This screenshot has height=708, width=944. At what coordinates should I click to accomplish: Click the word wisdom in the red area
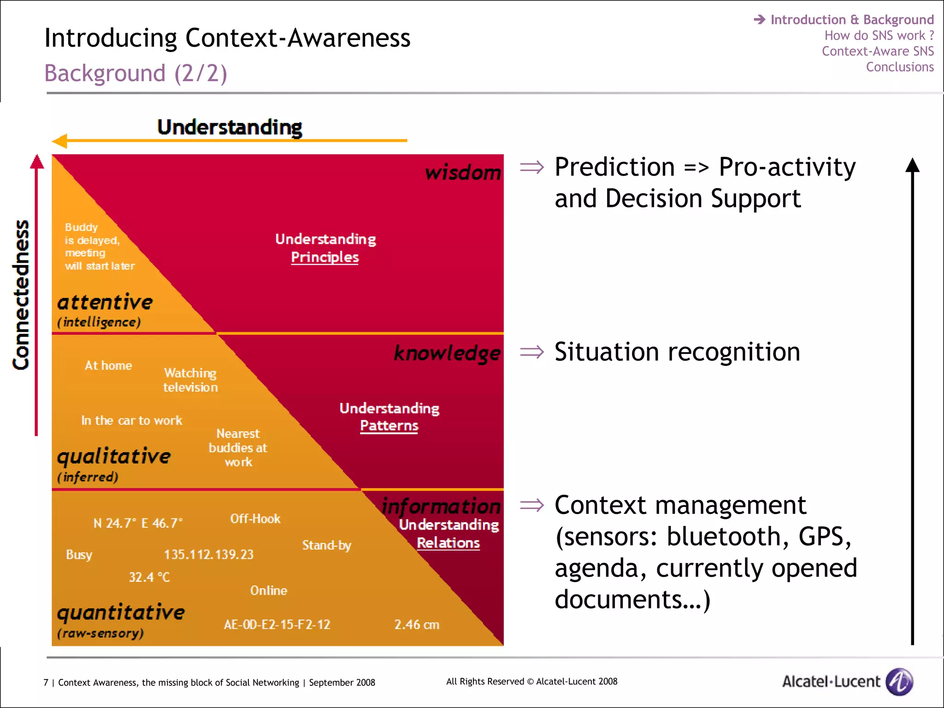point(463,173)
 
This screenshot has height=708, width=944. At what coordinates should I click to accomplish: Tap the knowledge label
point(447,353)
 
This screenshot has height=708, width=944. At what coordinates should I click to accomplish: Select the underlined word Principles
point(324,257)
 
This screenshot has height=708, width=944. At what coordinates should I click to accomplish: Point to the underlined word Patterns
point(389,425)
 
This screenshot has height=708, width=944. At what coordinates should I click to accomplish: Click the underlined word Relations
point(448,543)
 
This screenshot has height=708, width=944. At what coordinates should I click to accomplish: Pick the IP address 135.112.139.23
point(209,554)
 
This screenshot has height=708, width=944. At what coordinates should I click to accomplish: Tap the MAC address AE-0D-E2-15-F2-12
point(277,625)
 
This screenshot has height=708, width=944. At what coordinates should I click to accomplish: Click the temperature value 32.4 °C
point(149,577)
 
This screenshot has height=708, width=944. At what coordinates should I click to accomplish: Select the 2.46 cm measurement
point(417,625)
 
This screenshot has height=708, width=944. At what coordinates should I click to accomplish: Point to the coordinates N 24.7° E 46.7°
point(138,523)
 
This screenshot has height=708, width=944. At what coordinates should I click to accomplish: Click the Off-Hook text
point(255,519)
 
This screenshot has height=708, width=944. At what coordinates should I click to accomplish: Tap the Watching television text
point(190,380)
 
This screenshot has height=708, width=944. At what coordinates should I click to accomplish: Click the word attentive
point(105,302)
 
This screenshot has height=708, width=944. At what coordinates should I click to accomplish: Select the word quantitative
point(120,612)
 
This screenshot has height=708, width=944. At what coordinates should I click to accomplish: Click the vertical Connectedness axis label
point(21,295)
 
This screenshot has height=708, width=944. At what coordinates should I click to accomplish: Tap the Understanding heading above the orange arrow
point(230,127)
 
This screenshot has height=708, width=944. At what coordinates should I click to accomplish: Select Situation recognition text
point(677,352)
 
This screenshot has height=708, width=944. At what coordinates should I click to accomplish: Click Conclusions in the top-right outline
point(900,67)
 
